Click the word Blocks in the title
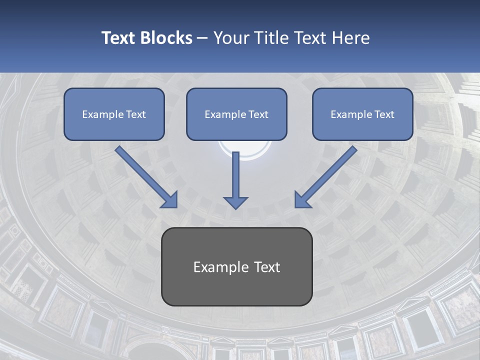(x=166, y=38)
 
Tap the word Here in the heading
(x=350, y=38)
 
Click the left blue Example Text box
(x=114, y=114)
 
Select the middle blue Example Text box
(x=236, y=114)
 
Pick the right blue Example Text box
(x=362, y=114)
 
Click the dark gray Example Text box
(x=236, y=266)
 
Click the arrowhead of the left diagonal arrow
(x=170, y=200)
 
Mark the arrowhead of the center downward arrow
(x=235, y=202)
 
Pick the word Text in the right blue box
(x=384, y=114)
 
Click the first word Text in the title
(x=119, y=38)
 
